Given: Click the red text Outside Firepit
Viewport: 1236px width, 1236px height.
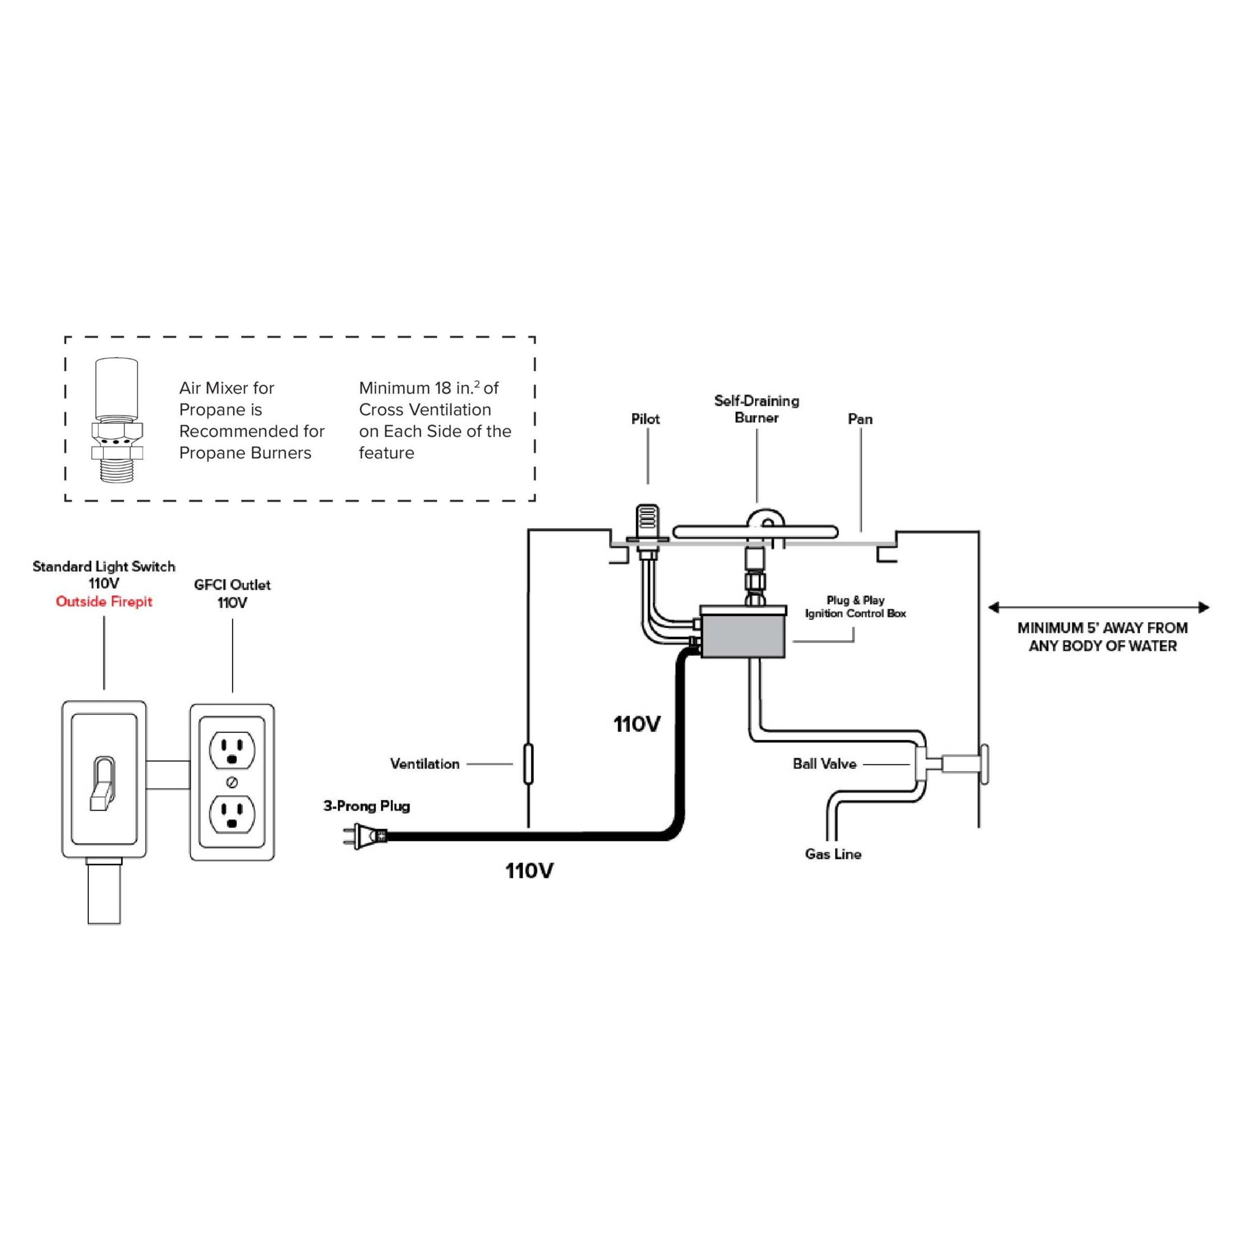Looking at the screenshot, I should click(x=104, y=602).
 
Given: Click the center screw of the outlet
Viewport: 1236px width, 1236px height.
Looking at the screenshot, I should click(x=232, y=782).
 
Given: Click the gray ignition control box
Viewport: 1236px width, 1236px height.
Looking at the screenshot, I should click(x=743, y=631).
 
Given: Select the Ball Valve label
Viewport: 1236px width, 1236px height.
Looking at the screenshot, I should click(x=824, y=764).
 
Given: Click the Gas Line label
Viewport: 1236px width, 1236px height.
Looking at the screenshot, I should click(x=833, y=854).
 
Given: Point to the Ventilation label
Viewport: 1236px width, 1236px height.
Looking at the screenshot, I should click(x=425, y=764).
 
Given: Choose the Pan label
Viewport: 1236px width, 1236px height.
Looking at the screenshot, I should click(x=860, y=419).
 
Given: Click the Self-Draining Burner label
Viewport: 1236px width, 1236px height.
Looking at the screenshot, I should click(x=756, y=409).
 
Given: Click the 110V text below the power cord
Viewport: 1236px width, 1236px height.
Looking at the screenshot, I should click(x=529, y=871).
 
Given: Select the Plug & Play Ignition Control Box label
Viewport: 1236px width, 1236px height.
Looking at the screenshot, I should click(x=855, y=607).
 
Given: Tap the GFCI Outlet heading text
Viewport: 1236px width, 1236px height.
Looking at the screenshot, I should click(x=232, y=585).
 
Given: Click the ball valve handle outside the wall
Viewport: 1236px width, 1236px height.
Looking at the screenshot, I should click(x=983, y=763).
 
